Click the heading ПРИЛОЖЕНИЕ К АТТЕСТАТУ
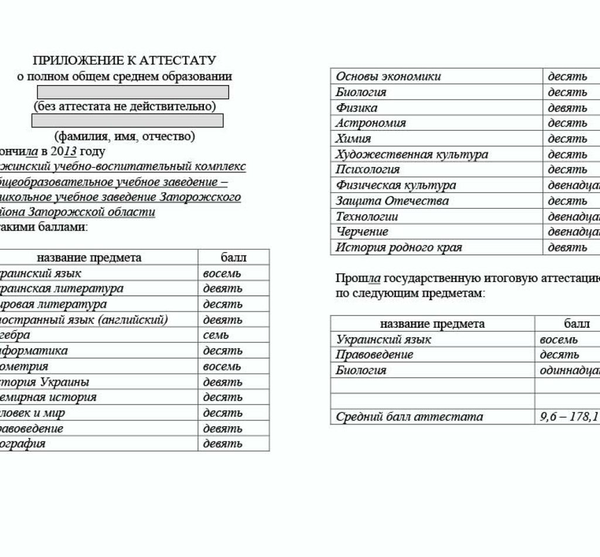click(124, 61)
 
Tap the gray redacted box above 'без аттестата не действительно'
click(133, 92)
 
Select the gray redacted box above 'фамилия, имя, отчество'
click(127, 121)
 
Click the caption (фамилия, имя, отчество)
click(124, 137)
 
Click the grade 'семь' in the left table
click(216, 335)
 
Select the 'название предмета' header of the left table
click(89, 258)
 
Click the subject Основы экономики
click(388, 77)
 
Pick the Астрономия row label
click(370, 123)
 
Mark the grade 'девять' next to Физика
click(567, 108)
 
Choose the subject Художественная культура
click(411, 154)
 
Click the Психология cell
click(367, 169)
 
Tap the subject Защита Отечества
click(392, 201)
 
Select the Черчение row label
click(362, 232)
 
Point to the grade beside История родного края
click(567, 247)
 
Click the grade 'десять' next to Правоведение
click(559, 355)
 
